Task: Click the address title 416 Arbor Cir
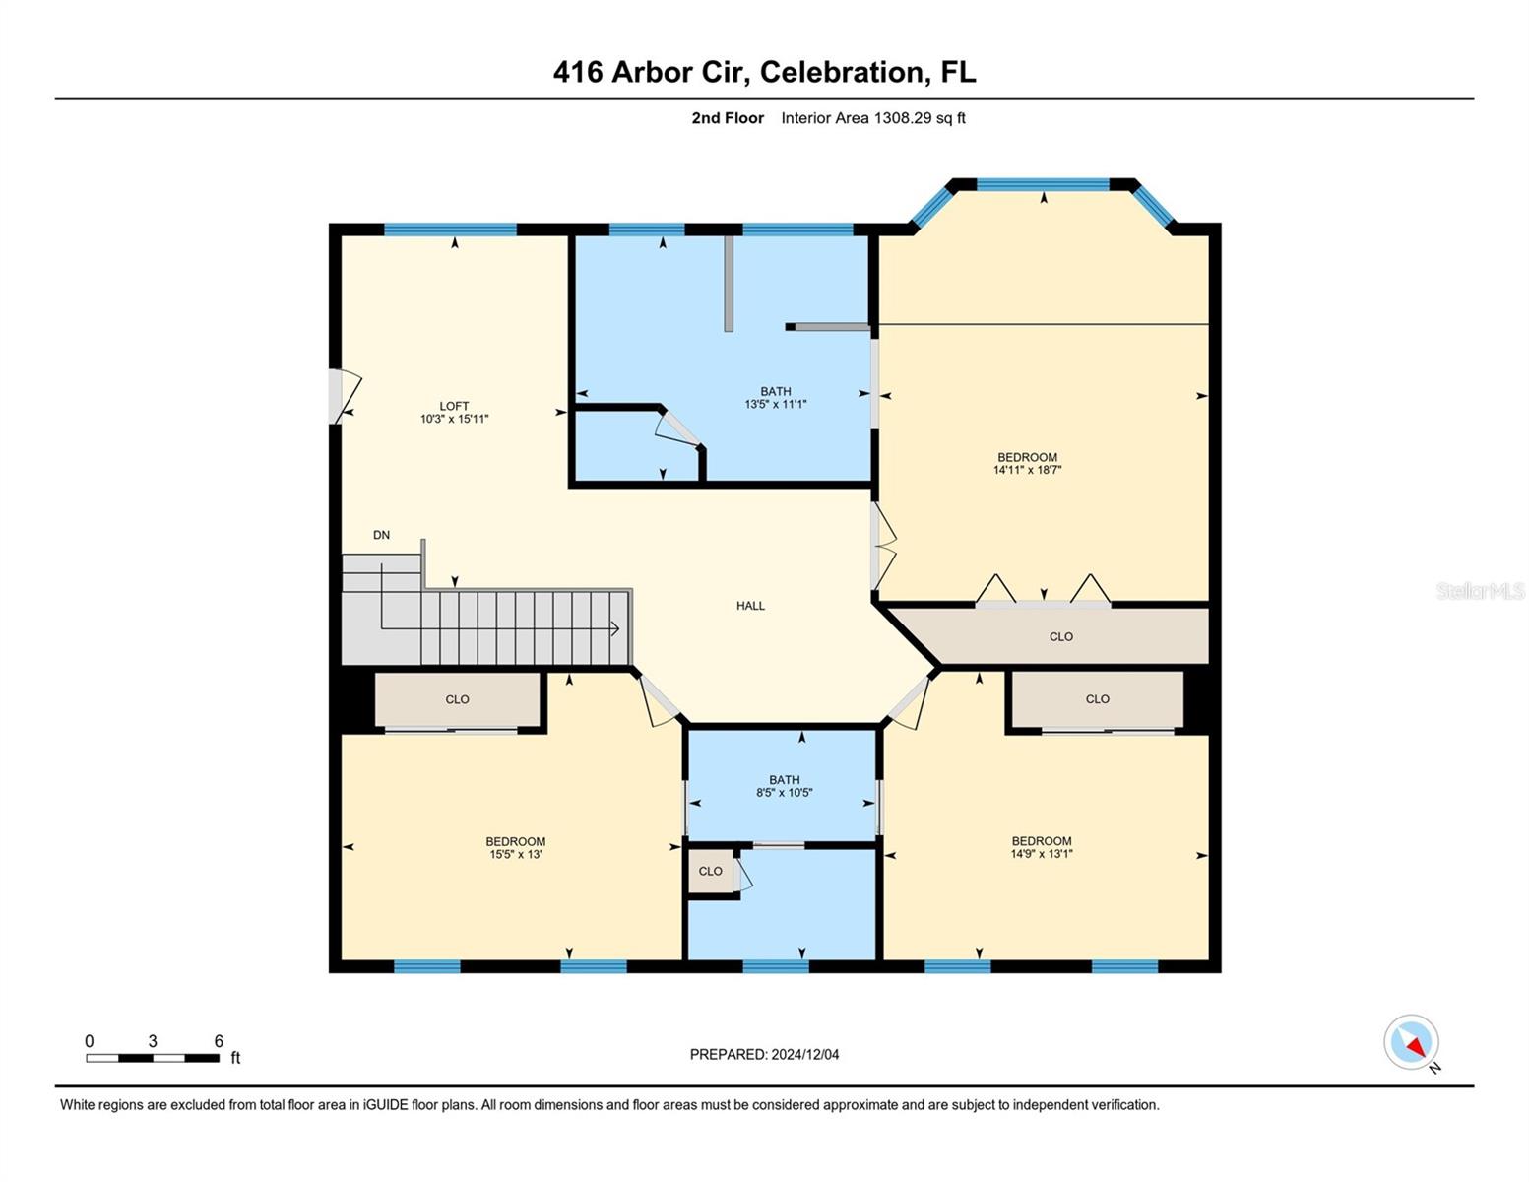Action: click(x=764, y=72)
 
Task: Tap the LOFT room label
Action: click(x=454, y=406)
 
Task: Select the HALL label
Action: click(x=750, y=606)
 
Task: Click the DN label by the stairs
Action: click(x=381, y=535)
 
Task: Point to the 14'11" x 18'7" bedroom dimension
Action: click(x=1027, y=470)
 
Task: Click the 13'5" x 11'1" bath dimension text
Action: click(x=775, y=404)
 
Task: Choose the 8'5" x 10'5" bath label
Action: click(x=784, y=792)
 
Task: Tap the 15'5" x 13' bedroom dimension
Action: click(x=515, y=854)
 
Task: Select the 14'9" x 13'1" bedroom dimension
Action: click(x=1041, y=854)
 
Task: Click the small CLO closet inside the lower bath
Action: click(x=710, y=871)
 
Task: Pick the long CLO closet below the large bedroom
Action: click(x=1060, y=636)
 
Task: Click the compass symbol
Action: click(x=1412, y=1042)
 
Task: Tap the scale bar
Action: click(x=153, y=1058)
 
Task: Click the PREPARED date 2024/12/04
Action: click(x=764, y=1054)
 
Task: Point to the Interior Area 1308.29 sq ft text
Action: click(x=873, y=118)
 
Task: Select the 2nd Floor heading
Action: click(x=728, y=118)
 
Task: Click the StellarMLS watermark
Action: click(x=1480, y=591)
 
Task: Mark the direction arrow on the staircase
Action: click(x=612, y=628)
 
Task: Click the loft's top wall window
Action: click(x=450, y=230)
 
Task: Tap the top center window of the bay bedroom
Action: click(x=1043, y=184)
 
